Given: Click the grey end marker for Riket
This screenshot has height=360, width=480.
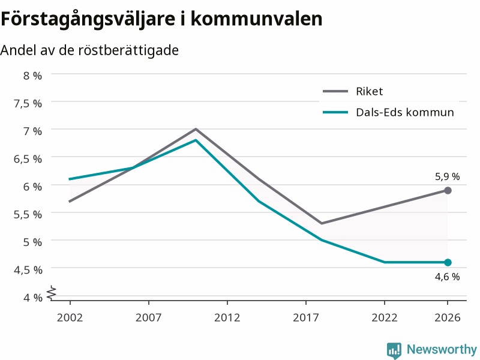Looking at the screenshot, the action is (x=448, y=191).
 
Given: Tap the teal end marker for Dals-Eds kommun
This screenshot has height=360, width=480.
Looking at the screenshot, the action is (x=448, y=262).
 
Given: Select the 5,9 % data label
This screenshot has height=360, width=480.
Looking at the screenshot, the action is (x=447, y=176).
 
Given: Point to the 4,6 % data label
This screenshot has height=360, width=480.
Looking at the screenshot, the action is (x=447, y=277).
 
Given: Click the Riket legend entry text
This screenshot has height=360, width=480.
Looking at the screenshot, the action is (x=369, y=91).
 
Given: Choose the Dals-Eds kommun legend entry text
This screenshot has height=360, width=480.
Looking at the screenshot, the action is (x=404, y=112).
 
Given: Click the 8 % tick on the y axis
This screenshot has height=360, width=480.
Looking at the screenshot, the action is (x=32, y=76).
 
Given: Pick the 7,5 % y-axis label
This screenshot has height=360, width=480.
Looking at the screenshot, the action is (x=28, y=103).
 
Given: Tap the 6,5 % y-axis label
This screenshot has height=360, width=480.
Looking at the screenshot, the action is (x=28, y=159).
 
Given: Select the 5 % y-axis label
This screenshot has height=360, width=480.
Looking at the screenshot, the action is (x=32, y=242).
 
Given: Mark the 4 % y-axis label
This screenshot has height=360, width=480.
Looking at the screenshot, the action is (x=32, y=298).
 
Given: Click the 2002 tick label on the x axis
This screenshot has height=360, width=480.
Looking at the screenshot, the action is (x=70, y=317).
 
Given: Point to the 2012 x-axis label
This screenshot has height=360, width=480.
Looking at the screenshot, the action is (x=227, y=317).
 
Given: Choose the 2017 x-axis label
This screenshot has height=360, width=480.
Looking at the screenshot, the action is (x=306, y=317).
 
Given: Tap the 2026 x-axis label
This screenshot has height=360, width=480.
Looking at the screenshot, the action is (x=447, y=317).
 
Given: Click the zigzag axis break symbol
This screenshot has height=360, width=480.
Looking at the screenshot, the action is (x=52, y=292).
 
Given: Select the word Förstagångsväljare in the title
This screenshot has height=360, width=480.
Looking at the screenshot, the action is (x=91, y=19).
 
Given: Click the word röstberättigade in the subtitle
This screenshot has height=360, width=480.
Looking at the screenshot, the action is (x=128, y=50).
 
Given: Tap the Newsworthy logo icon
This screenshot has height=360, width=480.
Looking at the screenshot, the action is (x=394, y=350).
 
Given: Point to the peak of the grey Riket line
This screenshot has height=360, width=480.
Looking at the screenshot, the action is (x=196, y=129).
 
